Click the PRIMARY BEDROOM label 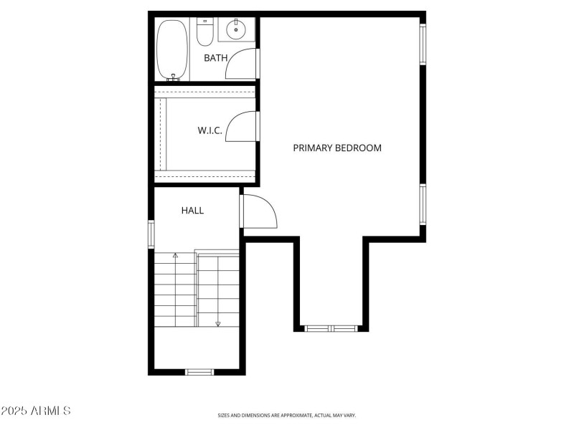click(337, 148)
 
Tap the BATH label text click(215, 58)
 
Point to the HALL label click(192, 211)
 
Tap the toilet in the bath click(205, 32)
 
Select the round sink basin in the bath click(235, 30)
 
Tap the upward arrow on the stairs click(175, 255)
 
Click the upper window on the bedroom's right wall click(423, 44)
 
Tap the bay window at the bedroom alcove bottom click(331, 328)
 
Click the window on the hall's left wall click(151, 234)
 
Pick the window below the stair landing click(199, 371)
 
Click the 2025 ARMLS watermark click(36, 411)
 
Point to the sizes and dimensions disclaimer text click(287, 415)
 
